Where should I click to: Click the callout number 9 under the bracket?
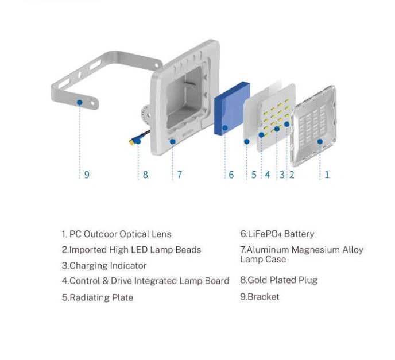point(87,175)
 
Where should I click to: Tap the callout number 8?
point(145,175)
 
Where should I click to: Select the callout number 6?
point(231,175)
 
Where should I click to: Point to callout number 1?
point(327,175)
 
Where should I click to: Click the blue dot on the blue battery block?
point(225,128)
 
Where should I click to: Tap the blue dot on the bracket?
point(80,103)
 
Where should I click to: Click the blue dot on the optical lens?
point(320,142)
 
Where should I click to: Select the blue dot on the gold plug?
point(138,141)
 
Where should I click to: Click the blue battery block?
point(232,109)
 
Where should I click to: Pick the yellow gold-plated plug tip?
point(131,142)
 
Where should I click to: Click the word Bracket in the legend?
point(264,297)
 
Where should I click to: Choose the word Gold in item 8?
point(257,280)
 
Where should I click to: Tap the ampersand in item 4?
point(105,281)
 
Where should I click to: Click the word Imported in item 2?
point(88,250)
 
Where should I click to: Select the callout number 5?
point(254,175)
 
